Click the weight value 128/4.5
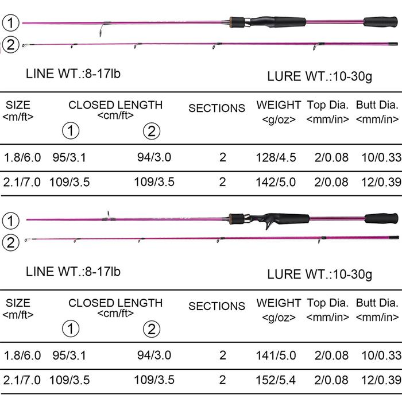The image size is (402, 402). click(x=276, y=157)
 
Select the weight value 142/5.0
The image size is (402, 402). click(x=276, y=182)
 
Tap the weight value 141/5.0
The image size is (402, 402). click(x=276, y=355)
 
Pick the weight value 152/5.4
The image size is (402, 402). click(x=276, y=380)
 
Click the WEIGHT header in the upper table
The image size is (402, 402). click(x=279, y=105)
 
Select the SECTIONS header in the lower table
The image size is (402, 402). click(x=217, y=306)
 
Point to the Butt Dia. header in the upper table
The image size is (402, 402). click(x=377, y=105)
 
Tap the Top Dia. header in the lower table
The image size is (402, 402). click(x=328, y=303)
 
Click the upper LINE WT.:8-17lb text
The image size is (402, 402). click(x=73, y=74)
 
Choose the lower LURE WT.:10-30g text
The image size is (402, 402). click(x=319, y=275)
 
